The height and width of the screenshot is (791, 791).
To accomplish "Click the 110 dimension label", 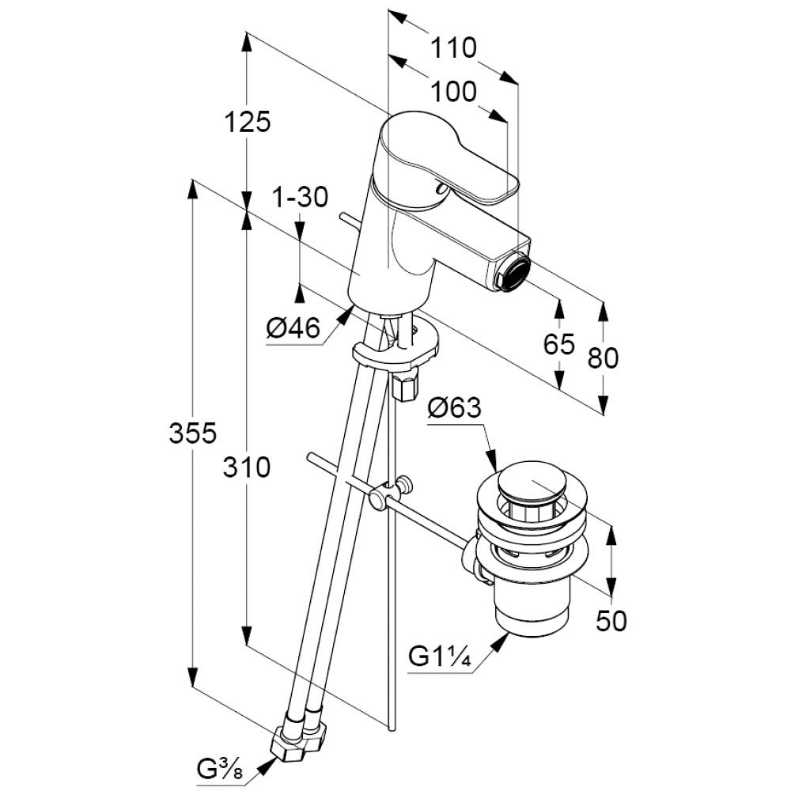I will (453, 48).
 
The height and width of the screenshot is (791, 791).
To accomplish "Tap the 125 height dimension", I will (247, 123).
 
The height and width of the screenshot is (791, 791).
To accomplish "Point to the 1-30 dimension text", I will (301, 198).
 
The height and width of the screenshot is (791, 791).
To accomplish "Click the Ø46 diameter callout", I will (293, 328).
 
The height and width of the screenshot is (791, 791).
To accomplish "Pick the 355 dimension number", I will (192, 433).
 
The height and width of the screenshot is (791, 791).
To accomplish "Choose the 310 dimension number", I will (247, 467).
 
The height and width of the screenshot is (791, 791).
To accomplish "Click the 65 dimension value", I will (559, 344).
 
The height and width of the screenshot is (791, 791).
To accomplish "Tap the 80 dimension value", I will (604, 358).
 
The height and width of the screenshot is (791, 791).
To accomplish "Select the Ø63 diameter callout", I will (454, 408).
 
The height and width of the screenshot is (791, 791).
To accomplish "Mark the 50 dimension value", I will (611, 621).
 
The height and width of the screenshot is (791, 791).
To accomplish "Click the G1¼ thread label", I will (440, 657).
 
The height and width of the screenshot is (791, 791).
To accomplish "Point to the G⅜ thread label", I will (221, 767).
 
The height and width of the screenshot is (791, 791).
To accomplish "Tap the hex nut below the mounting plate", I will (404, 385).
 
